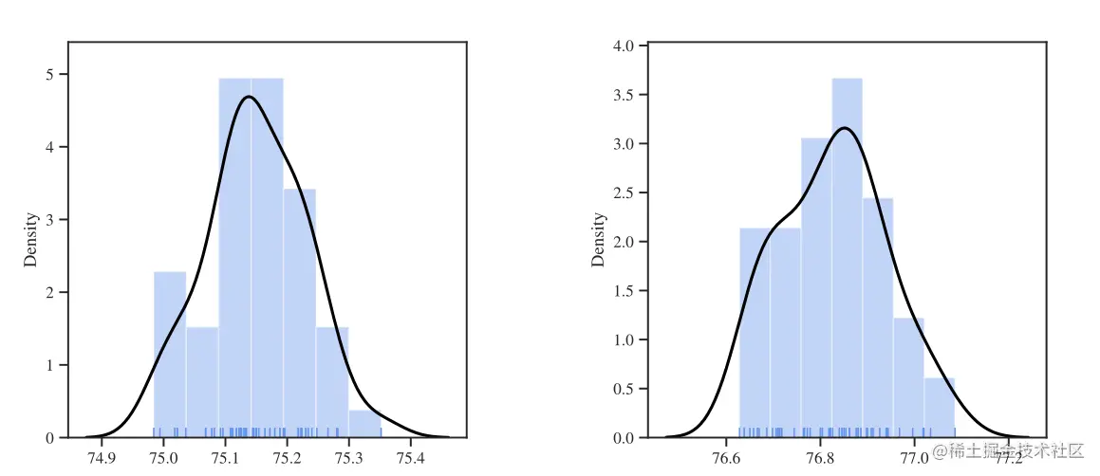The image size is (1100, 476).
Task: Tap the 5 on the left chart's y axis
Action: point(49,74)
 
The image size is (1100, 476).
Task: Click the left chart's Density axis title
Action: point(31,239)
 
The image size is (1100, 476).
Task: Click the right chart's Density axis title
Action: point(599,239)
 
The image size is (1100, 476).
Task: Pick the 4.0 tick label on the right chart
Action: point(625,46)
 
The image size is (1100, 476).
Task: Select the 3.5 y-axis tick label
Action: point(625,95)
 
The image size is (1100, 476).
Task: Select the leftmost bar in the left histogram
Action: point(170,355)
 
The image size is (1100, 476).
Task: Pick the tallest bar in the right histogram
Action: point(847,256)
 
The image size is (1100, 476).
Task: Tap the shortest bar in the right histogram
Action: point(939,408)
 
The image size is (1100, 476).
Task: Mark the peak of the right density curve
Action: point(843,127)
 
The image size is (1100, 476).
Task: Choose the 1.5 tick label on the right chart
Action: point(625,290)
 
